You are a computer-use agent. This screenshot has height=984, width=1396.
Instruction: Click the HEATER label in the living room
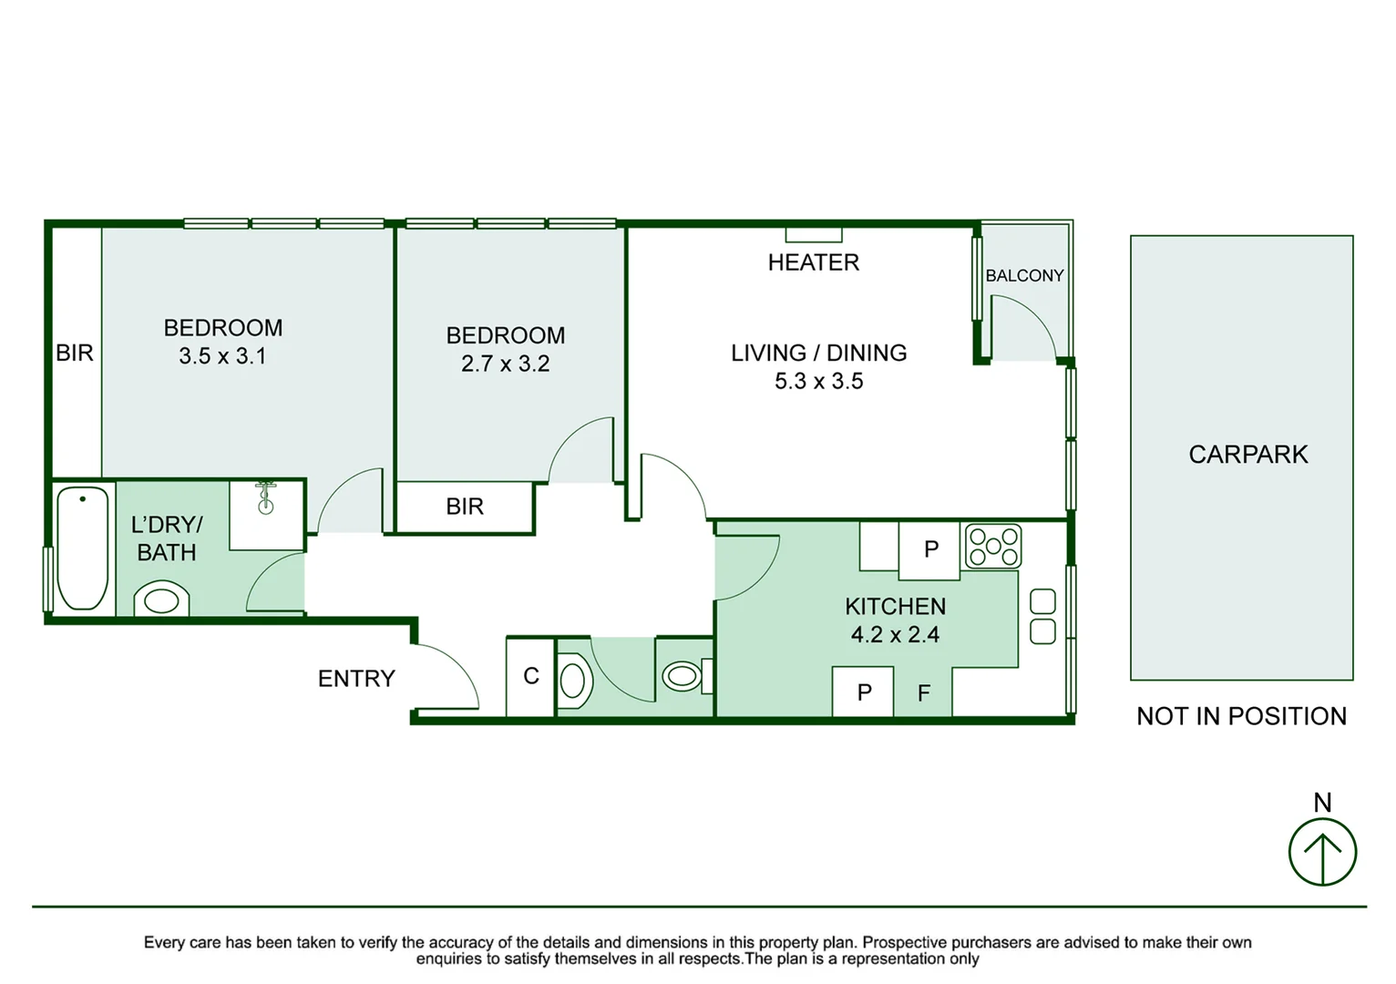tap(814, 262)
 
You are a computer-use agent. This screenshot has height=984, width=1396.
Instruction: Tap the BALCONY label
tap(1024, 275)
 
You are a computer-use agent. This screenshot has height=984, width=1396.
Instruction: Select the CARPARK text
tap(1247, 455)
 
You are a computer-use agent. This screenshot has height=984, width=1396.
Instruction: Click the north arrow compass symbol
tap(1322, 852)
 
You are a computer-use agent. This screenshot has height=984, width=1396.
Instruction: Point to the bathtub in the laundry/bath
tap(82, 548)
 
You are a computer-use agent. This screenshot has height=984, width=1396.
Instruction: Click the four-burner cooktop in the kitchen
tap(993, 547)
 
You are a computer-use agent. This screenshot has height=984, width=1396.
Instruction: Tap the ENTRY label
tap(356, 678)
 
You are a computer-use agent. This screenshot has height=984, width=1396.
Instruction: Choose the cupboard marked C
tap(530, 676)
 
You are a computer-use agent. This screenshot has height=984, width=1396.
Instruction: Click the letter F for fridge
tap(924, 692)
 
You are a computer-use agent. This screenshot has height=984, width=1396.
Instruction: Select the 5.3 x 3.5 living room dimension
tap(819, 381)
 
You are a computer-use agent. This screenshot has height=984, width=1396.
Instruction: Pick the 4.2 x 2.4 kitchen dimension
tap(895, 634)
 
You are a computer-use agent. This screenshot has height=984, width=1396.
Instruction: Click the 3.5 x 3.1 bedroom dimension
tap(222, 356)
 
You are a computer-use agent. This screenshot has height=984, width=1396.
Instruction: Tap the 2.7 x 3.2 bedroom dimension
tap(506, 364)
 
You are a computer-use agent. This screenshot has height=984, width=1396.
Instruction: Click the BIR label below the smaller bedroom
tap(465, 507)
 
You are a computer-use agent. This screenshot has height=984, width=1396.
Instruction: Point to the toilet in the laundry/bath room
tap(161, 599)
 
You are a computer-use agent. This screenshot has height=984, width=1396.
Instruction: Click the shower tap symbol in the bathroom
tap(265, 497)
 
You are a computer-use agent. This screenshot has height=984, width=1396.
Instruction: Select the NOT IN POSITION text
tap(1241, 717)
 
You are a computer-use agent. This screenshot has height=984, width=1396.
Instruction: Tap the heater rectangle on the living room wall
tap(814, 235)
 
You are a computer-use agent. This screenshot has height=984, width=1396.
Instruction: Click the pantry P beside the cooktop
tap(931, 549)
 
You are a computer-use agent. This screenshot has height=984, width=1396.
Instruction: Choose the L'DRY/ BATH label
tap(167, 538)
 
